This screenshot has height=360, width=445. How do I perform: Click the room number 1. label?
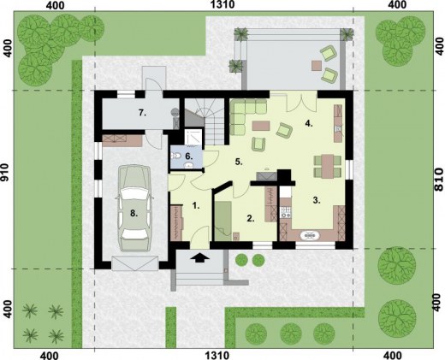tap(196, 206)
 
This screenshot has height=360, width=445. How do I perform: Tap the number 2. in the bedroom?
tap(250, 218)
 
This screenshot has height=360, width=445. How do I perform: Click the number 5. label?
tap(240, 160)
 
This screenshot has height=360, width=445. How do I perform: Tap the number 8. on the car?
tap(133, 214)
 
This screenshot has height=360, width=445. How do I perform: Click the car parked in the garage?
tap(133, 205)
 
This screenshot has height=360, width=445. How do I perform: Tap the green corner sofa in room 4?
tap(245, 115)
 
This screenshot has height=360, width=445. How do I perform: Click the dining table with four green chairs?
tap(328, 162)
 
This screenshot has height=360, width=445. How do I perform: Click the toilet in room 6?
tap(176, 156)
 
